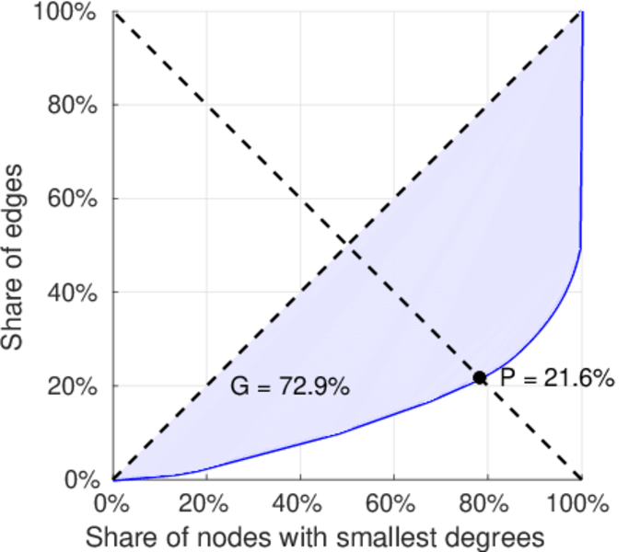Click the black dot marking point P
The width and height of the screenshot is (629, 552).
point(480,377)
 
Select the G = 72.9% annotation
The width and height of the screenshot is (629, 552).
point(289,387)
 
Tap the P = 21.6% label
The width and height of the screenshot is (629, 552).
point(557,377)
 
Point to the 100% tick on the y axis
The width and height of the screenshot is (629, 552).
point(72,12)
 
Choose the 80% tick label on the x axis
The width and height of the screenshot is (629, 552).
point(486,505)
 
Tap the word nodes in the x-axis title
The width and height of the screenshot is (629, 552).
point(232,535)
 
